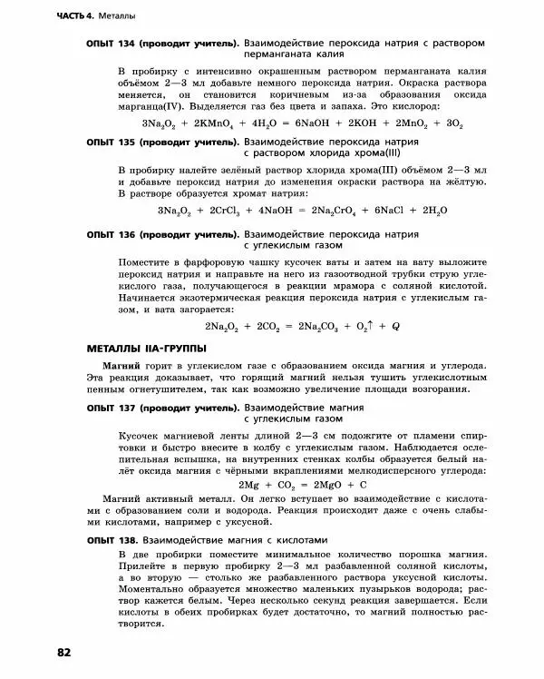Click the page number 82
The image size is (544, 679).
[63, 652]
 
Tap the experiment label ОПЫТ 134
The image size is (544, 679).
[111, 44]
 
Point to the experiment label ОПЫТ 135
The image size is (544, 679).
[111, 143]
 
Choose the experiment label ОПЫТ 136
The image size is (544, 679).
[111, 234]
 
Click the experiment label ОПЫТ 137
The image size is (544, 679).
[111, 408]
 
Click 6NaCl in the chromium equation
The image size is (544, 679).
[391, 211]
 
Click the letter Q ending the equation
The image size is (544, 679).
[395, 325]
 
